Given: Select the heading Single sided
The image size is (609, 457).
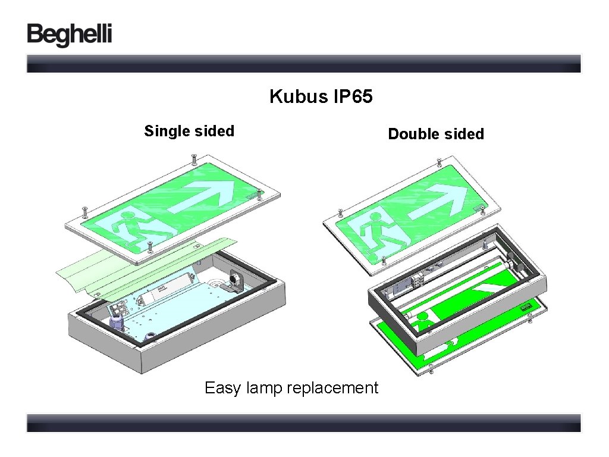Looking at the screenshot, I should [x=189, y=131].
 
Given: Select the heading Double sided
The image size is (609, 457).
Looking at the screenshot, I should [x=436, y=134].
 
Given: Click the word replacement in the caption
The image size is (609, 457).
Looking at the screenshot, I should [x=332, y=388].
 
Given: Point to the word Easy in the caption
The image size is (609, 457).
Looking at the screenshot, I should [x=223, y=388].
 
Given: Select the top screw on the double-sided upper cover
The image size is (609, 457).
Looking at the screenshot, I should [x=438, y=161].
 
